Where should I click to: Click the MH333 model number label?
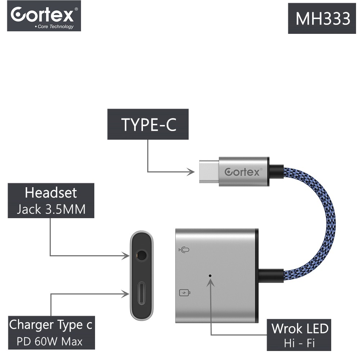pos(322,18)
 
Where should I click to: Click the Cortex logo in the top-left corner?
pos(44,16)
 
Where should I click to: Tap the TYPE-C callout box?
pos(148,124)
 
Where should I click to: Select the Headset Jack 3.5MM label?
pos(51,201)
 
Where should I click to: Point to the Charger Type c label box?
pos(51,333)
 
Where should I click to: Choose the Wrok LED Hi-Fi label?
pos(299,335)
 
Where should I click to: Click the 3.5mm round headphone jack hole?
pos(141,255)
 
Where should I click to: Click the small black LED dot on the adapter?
pos(210,276)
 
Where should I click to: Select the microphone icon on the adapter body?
pos(184,250)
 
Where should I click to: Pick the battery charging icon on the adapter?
pos(185,293)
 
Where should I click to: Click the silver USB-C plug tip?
pos(209,171)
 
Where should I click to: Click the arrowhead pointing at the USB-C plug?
pos(191,171)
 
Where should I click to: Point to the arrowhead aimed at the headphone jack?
pos(126,256)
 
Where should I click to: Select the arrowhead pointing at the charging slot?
pos(125,294)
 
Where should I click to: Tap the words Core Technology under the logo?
pos(55,27)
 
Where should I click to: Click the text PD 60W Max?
pos(50,341)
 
